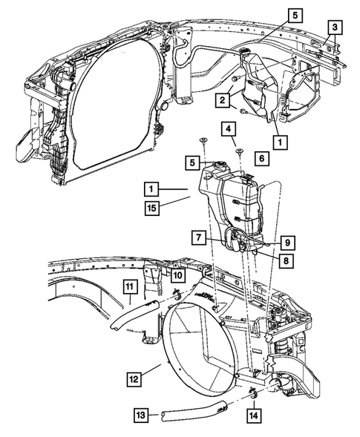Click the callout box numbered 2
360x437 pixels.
(222, 99)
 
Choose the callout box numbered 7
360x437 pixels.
(199, 237)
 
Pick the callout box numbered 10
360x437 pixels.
(178, 275)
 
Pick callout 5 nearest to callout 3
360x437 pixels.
(295, 14)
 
